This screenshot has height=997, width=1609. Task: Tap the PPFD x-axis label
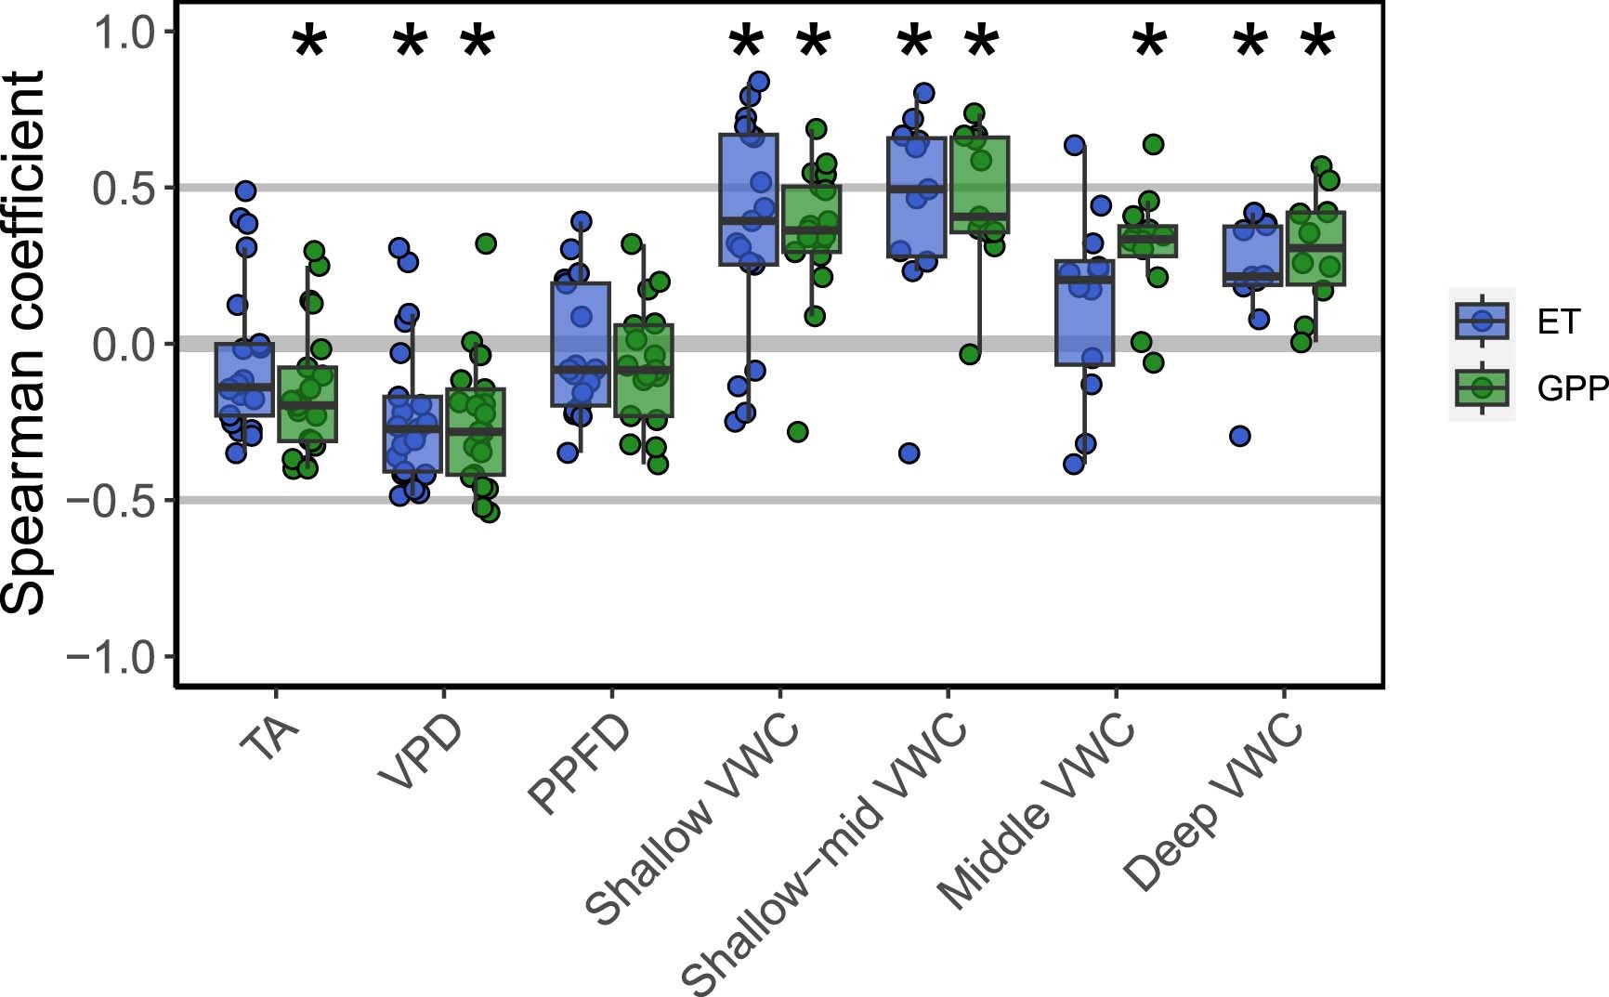pos(578,766)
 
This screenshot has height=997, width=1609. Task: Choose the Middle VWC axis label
pos(1036,811)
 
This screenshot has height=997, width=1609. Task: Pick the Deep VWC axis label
pos(1213,801)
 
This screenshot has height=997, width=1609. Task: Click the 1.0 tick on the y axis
pos(123,33)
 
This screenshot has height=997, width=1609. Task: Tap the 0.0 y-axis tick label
pos(123,345)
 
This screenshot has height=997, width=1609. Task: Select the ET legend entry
pos(1557,321)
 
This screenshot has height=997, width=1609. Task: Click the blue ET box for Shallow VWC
pos(748,200)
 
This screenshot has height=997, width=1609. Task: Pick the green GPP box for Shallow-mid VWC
pos(980,185)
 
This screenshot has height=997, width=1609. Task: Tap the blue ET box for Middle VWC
pos(1084,312)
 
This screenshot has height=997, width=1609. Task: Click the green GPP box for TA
pos(307,404)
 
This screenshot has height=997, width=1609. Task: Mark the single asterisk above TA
pos(309,44)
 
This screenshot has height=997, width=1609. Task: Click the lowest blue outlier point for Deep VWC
pos(1239,436)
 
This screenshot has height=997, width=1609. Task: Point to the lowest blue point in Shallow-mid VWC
pos(909,453)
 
